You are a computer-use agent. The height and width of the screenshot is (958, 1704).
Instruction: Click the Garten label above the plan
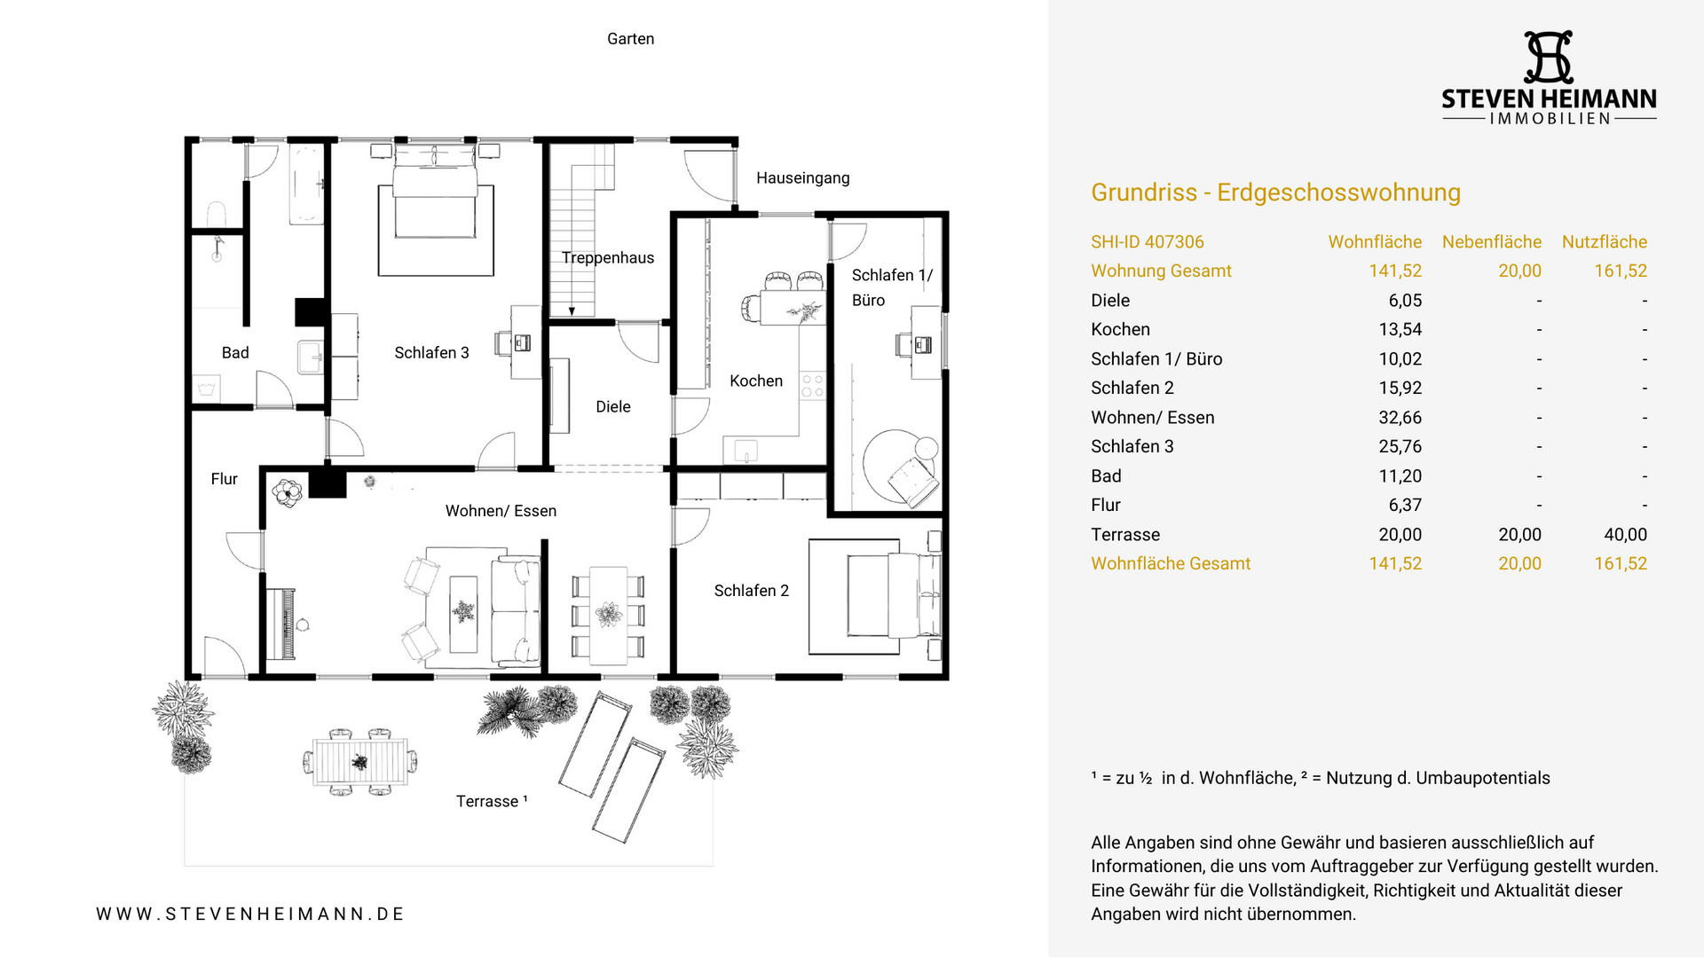630,39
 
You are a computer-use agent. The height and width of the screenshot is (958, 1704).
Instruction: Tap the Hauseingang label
802,178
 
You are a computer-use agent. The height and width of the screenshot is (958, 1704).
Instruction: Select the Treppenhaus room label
608,258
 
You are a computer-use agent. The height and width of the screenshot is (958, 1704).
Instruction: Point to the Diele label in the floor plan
613,407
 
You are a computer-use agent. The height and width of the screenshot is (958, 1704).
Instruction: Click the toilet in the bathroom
217,215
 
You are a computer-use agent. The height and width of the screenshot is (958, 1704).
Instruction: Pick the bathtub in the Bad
307,184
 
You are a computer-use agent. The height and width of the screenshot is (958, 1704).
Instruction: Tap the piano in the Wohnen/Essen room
282,623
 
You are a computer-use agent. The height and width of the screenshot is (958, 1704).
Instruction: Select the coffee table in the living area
463,614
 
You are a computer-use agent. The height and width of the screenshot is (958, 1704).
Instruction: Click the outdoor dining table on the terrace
360,762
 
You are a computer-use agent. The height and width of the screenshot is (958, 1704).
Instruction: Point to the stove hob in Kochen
812,386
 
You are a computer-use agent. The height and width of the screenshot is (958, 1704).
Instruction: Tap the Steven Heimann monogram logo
1549,58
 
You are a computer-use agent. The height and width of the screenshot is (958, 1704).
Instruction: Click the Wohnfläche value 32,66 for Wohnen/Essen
1400,418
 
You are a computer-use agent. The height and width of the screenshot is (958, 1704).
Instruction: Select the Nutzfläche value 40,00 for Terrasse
1625,535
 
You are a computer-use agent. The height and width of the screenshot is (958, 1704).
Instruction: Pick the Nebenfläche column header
1491,242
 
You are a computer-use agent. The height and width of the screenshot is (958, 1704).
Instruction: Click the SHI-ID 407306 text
1147,242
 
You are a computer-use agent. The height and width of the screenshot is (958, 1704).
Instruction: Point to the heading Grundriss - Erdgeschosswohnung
1275,192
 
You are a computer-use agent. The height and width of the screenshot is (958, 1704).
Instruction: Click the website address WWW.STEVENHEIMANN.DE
250,914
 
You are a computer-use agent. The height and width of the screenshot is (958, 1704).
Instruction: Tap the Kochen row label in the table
1120,330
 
